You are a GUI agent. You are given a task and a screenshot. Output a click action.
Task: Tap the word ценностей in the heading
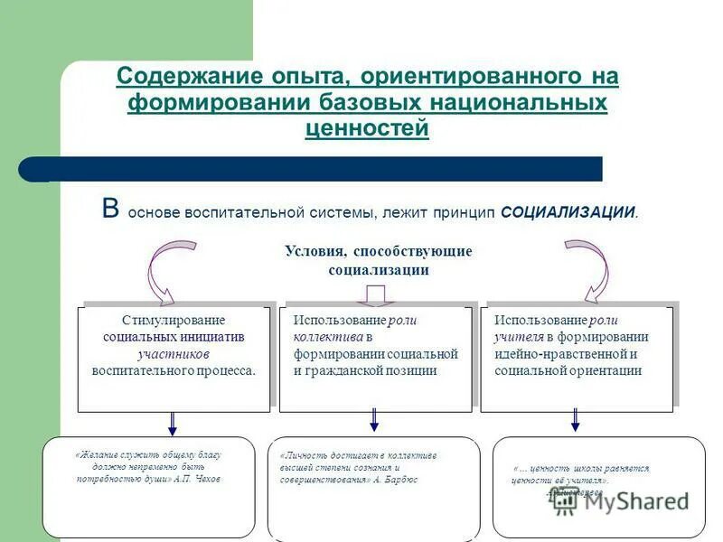click(367, 129)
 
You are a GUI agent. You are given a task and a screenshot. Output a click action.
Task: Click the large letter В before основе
click(110, 210)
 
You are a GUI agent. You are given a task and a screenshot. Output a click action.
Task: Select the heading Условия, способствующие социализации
click(378, 260)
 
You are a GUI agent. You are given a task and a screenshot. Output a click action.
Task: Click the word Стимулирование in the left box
click(174, 321)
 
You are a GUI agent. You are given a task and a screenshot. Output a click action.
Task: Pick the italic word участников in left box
click(174, 353)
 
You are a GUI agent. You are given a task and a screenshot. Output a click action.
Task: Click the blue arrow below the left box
click(173, 423)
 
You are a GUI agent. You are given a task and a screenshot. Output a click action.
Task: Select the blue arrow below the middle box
click(374, 421)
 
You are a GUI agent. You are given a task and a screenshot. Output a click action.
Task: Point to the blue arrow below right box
click(575, 421)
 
